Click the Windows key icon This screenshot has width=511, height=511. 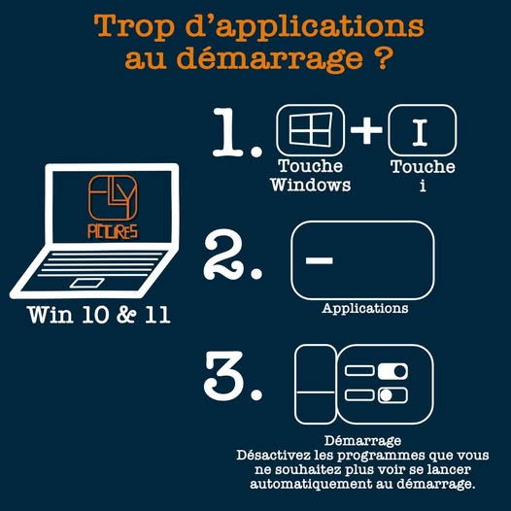310,130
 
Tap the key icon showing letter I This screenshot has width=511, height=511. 422,131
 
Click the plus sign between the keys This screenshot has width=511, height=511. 366,131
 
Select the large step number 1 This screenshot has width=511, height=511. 233,136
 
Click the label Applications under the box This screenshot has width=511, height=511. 365,309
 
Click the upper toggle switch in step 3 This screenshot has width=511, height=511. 394,372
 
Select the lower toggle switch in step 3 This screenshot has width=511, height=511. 392,395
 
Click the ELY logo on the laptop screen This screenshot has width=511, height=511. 114,198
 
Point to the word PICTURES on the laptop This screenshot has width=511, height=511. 114,231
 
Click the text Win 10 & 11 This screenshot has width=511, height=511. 99,316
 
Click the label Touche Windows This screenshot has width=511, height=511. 311,175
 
